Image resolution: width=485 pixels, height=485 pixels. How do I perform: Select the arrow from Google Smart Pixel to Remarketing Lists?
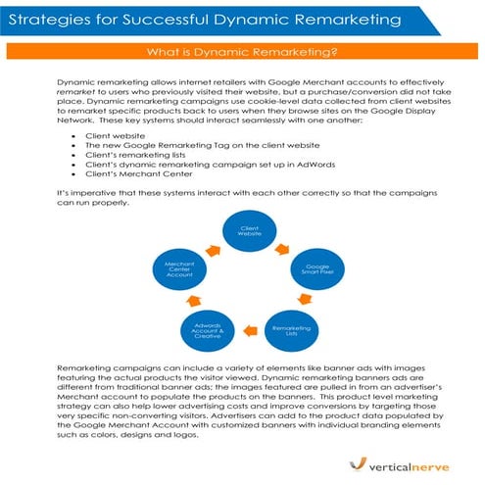tap(312, 303)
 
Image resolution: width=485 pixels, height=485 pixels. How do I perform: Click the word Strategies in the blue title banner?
tap(49, 18)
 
